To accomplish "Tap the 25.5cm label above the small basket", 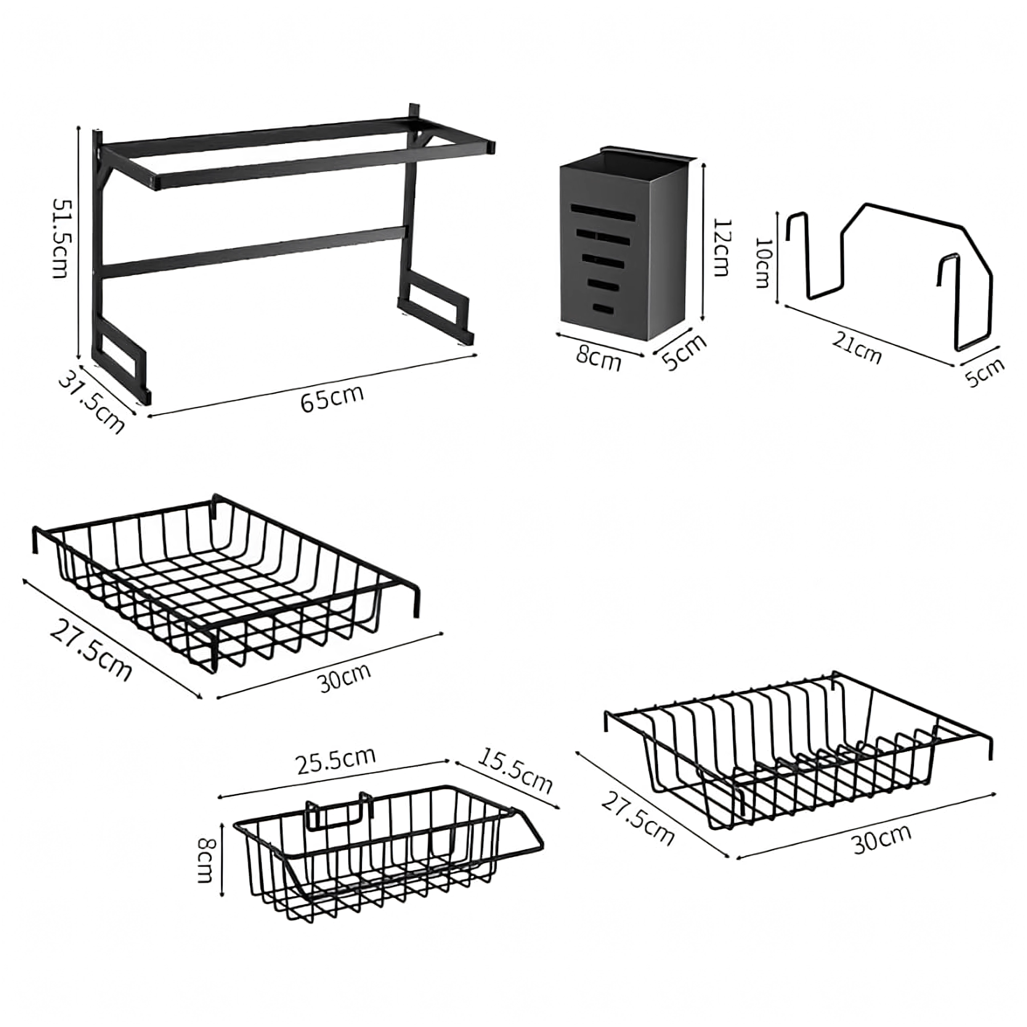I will coord(336,761).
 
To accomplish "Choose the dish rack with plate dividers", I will coord(798,776).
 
